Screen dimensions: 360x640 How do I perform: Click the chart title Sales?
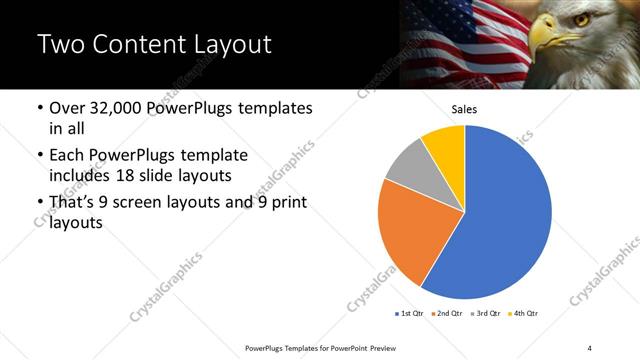point(465,109)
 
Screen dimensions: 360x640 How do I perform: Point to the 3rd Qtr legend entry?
point(486,314)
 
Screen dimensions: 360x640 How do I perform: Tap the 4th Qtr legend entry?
point(523,314)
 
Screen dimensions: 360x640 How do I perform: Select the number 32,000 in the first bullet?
point(117,108)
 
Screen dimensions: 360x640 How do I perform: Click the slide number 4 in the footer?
point(590,347)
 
